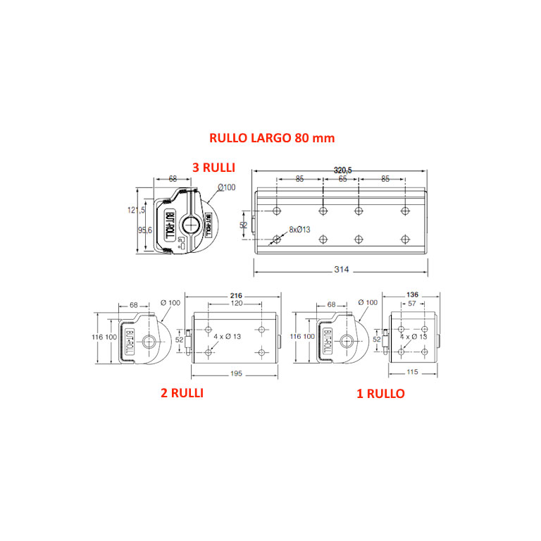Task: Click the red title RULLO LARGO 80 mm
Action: (272, 138)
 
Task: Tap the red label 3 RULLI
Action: (213, 168)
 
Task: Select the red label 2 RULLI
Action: (182, 393)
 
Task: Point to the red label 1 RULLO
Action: (380, 394)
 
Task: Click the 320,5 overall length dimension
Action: (342, 170)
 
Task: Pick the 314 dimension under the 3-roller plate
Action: (342, 270)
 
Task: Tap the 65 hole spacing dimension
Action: (342, 179)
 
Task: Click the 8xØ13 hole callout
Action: (299, 230)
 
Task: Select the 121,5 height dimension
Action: (136, 210)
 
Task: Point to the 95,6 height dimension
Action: (145, 230)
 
